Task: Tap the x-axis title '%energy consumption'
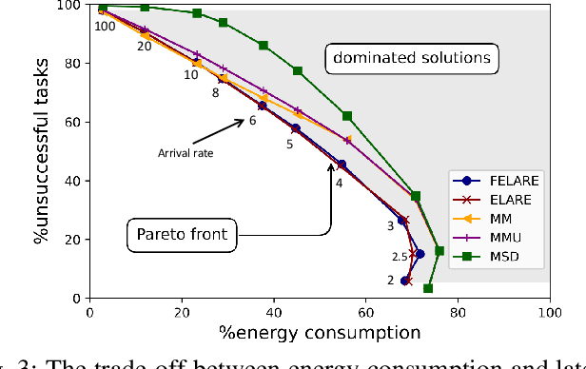point(319,332)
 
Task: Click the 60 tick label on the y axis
point(74,123)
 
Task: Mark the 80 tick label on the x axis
point(458,311)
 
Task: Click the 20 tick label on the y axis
point(74,240)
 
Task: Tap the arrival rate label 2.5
point(400,257)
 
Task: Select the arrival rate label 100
point(104,26)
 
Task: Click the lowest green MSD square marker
point(428,288)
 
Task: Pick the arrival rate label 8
point(215,93)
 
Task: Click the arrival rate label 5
point(289,145)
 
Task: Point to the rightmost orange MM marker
point(347,140)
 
